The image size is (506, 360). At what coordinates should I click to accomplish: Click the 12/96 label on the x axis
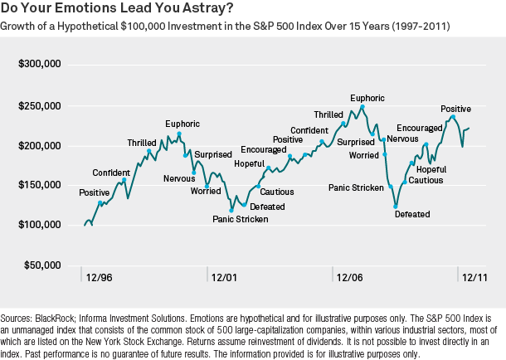tap(99, 276)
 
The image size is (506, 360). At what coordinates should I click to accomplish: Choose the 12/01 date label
tap(224, 276)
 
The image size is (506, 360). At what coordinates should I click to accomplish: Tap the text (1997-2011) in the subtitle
tap(415, 27)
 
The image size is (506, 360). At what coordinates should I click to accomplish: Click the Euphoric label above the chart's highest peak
tap(367, 98)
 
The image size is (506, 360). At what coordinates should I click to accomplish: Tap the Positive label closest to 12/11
tap(455, 109)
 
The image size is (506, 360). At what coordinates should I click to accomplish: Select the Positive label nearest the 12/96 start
tap(94, 192)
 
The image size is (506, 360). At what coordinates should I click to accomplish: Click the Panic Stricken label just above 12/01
tap(241, 219)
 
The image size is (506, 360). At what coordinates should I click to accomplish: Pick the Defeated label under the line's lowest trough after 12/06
tap(412, 214)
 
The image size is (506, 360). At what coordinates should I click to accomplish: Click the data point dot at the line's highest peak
tap(362, 107)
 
